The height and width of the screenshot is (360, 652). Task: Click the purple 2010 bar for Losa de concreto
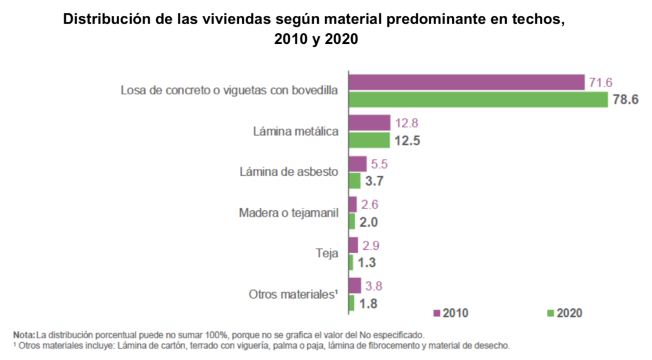coord(466,82)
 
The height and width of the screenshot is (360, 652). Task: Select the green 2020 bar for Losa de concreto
coord(478,100)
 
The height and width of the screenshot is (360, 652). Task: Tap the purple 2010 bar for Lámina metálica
coord(369,123)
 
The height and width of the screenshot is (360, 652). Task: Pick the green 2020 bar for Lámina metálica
coord(369,140)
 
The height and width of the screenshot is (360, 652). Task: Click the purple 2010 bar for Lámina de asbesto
coord(358,164)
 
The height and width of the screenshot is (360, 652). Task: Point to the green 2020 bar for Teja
coord(351,263)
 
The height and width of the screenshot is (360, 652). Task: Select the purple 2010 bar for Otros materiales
coord(355,285)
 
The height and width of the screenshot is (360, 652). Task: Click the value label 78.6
coord(625,100)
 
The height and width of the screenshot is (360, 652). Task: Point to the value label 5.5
coord(379,164)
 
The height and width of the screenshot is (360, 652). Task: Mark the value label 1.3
coord(366,263)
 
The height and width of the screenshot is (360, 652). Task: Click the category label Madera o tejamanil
coord(288,213)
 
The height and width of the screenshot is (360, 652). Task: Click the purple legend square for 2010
coord(437,313)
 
